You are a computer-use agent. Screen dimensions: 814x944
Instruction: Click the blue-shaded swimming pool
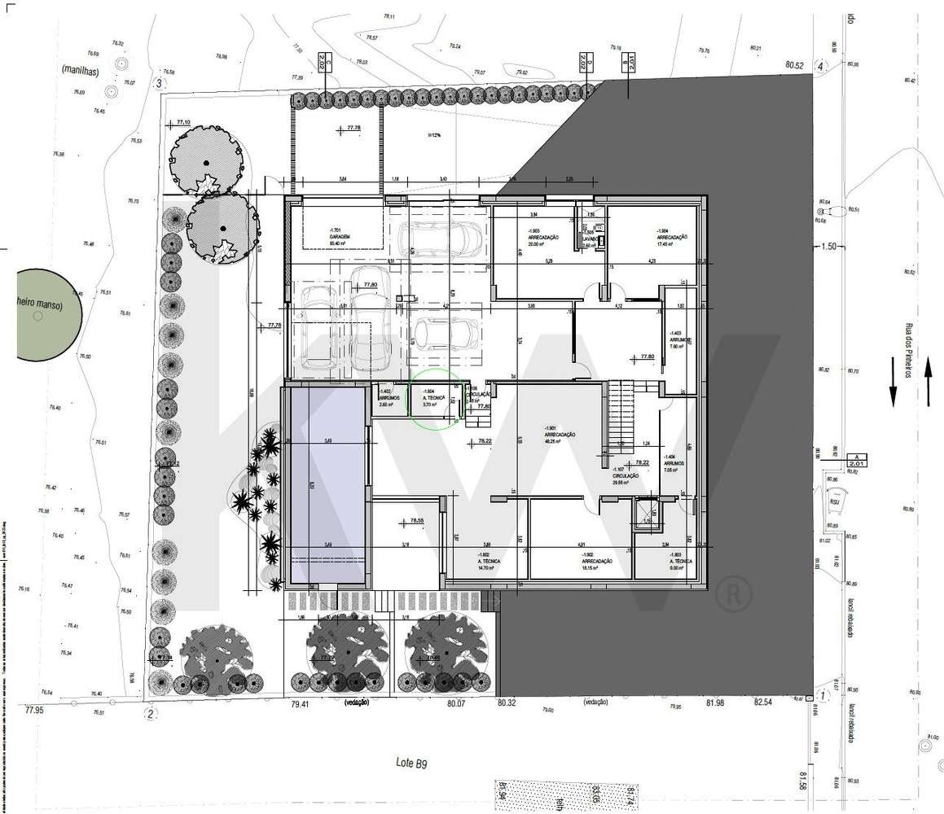[x=325, y=485]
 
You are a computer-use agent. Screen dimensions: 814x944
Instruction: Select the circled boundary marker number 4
[x=821, y=66]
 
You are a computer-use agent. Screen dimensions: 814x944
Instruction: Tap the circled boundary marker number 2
[x=150, y=715]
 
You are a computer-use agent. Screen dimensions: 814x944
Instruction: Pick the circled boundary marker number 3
[x=160, y=82]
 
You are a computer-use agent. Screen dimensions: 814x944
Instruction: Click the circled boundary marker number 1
[x=823, y=695]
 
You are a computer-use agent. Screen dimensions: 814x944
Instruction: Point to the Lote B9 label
[x=411, y=763]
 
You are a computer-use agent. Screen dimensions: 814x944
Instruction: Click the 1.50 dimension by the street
[x=829, y=246]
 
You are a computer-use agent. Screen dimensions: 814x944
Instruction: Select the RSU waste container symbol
[x=834, y=501]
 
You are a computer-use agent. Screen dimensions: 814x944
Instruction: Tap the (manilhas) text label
[x=79, y=71]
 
